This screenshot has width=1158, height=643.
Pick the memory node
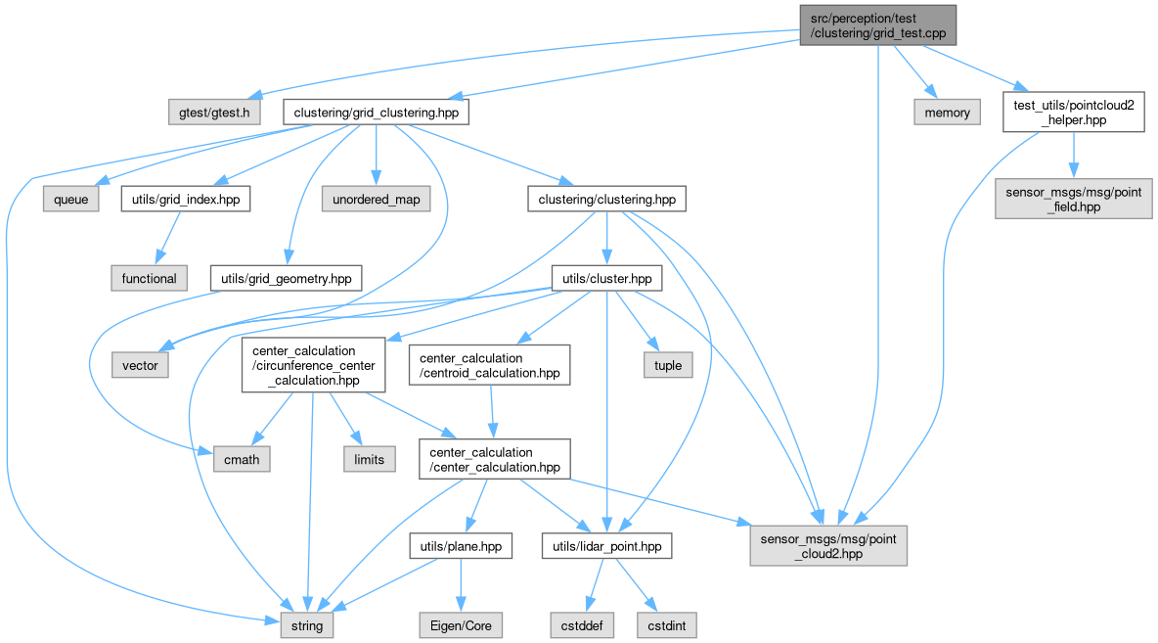coord(948,113)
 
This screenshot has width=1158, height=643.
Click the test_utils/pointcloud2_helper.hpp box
coord(1073,113)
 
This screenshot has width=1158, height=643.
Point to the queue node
coord(70,200)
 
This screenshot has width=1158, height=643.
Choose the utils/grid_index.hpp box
coord(185,200)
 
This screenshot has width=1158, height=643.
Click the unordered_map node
coord(377,200)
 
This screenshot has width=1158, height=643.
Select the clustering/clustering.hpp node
coord(606,200)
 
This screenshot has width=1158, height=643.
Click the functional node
coord(149,279)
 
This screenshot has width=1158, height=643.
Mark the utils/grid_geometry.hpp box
coord(286,279)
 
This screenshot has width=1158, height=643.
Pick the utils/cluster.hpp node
coord(606,279)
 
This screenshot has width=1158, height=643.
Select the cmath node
coord(242,458)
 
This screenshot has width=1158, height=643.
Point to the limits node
coord(369,458)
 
